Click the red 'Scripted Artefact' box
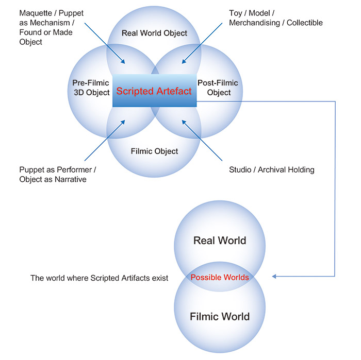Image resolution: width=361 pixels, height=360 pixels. point(154,91)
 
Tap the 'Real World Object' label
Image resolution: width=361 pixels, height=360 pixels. point(154,33)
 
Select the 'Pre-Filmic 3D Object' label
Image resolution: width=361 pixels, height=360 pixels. point(91,88)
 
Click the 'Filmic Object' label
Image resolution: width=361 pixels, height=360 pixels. point(154,151)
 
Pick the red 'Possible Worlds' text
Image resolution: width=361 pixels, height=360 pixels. point(220,277)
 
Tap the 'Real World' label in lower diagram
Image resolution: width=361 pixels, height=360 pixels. point(220,241)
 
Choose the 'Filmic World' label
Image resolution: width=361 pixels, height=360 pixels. point(220,316)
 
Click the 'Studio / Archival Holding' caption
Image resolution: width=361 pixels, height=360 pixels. point(271,169)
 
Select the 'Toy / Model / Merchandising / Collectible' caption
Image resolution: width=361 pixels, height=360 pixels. point(276,18)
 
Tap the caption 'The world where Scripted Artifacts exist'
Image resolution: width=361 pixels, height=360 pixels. point(100,278)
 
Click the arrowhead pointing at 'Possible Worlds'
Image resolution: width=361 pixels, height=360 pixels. point(275,277)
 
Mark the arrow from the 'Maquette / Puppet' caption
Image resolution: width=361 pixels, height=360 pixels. point(106,44)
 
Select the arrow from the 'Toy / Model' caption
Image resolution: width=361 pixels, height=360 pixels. point(202,44)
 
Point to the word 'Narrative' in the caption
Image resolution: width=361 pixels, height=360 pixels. point(69,179)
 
